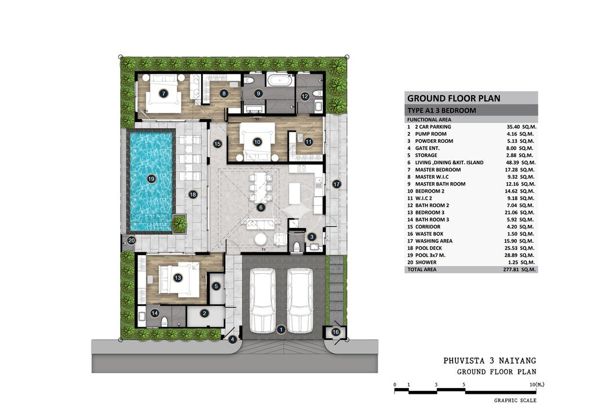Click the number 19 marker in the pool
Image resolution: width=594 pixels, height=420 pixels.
click(151, 179)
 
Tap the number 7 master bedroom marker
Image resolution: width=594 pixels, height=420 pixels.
click(163, 93)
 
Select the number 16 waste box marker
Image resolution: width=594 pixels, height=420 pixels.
click(336, 332)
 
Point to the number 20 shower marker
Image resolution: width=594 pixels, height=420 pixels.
click(131, 240)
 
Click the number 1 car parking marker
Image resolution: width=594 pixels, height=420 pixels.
click(281, 330)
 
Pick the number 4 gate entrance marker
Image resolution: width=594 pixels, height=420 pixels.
click(232, 339)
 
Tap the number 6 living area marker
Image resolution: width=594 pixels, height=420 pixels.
click(260, 207)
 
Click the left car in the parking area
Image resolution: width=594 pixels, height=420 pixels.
click(263, 299)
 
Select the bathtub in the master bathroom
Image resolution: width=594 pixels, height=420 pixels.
click(280, 80)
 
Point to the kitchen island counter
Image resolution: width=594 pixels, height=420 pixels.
click(295, 193)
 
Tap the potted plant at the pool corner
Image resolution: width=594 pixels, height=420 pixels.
click(179, 223)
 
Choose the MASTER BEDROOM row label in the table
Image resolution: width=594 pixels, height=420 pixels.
click(437, 169)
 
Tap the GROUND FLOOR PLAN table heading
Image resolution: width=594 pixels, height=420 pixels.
click(454, 99)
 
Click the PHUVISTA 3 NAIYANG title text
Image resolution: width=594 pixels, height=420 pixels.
click(490, 361)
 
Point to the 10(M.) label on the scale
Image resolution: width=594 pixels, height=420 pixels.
click(537, 385)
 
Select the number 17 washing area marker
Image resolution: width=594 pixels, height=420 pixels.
click(336, 184)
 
